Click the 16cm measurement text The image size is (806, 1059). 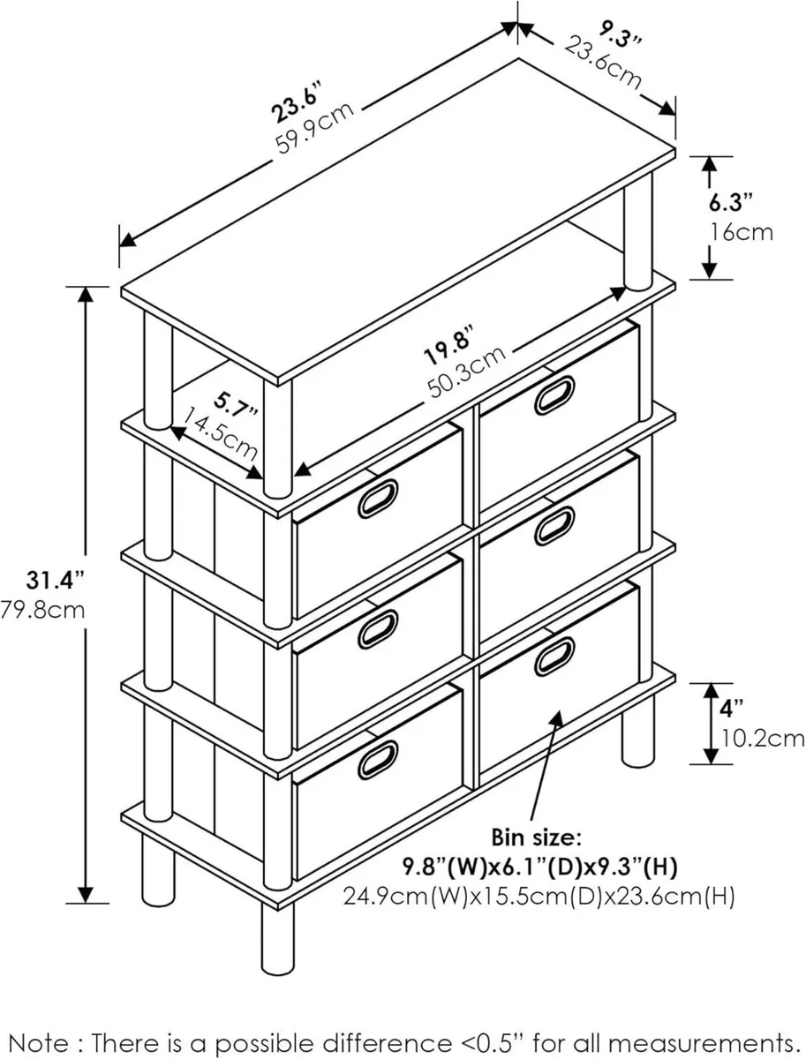point(742,232)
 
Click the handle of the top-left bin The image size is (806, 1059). point(378,499)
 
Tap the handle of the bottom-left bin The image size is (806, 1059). point(378,761)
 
